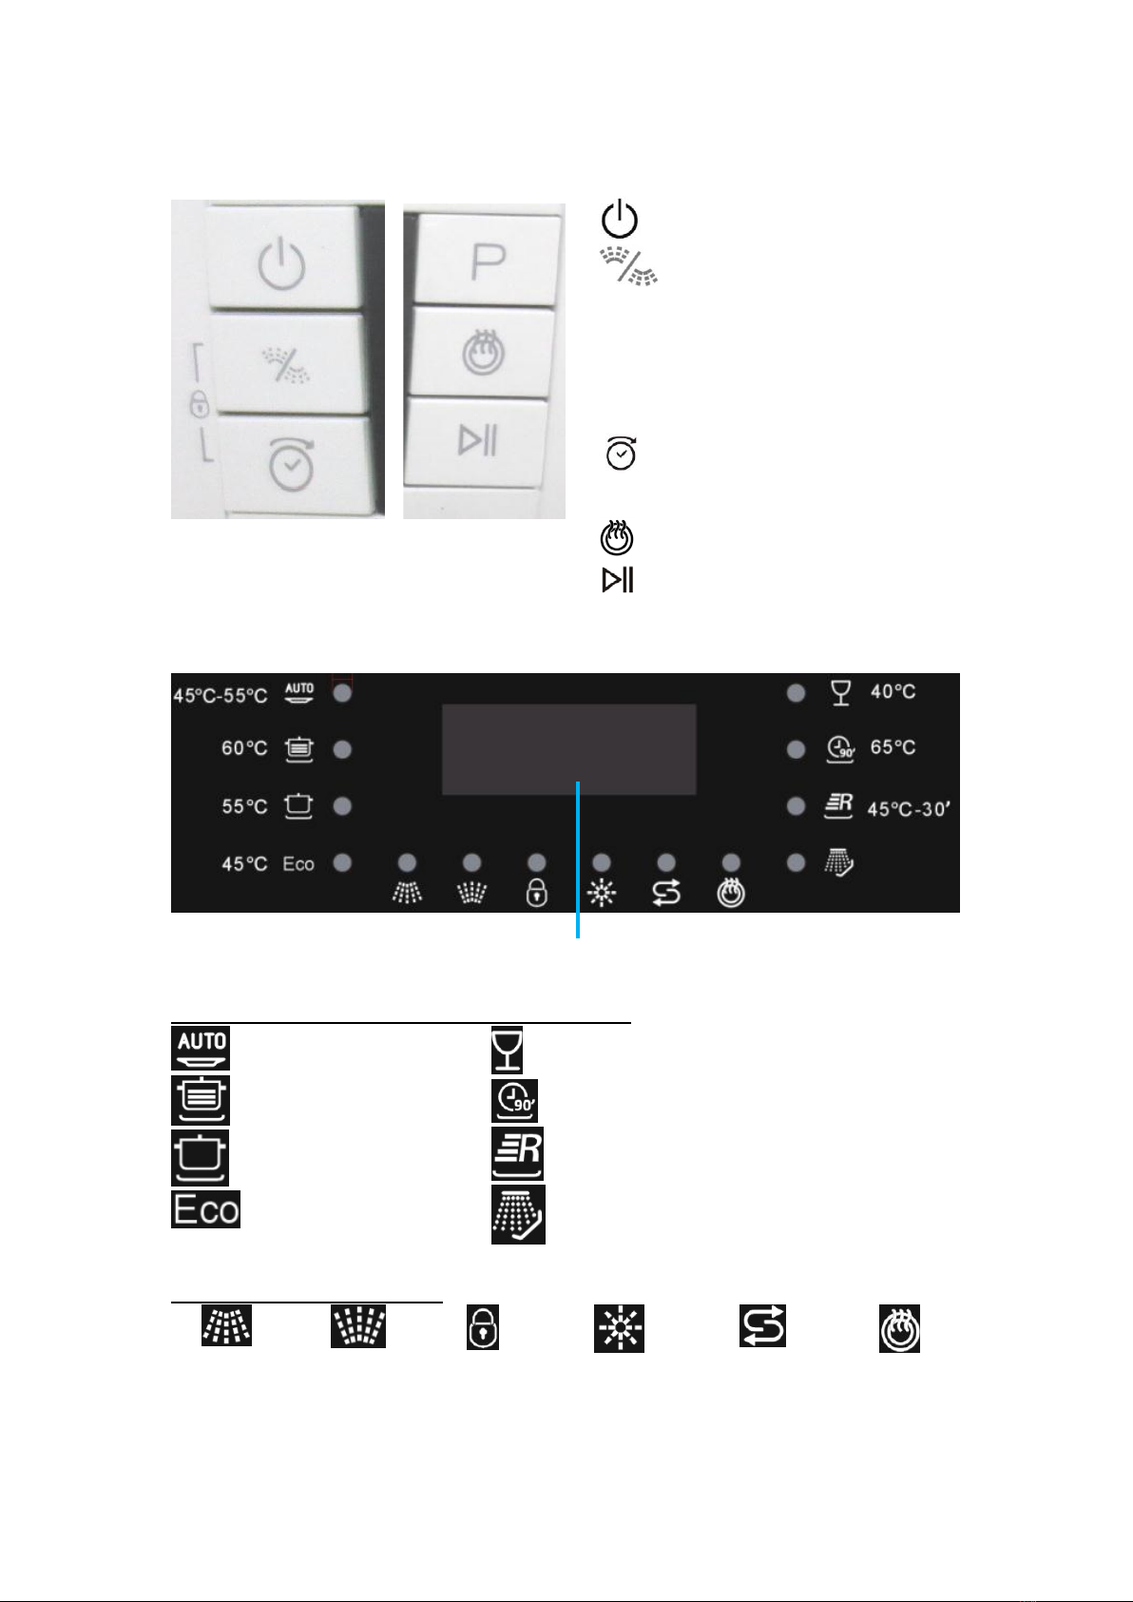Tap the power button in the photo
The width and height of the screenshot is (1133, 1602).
pyautogui.click(x=284, y=258)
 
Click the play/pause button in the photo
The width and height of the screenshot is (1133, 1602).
pyautogui.click(x=477, y=441)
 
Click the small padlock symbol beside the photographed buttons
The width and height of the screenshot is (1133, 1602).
pyautogui.click(x=199, y=403)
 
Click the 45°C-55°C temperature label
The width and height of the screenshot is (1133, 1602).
pyautogui.click(x=221, y=696)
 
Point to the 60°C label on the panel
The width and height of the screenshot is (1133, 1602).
pyautogui.click(x=244, y=748)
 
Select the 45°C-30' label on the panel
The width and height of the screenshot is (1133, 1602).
pyautogui.click(x=909, y=809)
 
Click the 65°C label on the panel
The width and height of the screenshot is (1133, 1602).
pyautogui.click(x=893, y=747)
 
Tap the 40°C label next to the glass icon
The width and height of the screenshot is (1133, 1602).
pyautogui.click(x=893, y=691)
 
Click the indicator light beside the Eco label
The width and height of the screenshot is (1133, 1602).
pyautogui.click(x=343, y=862)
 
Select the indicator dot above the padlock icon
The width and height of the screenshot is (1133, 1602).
pyautogui.click(x=537, y=861)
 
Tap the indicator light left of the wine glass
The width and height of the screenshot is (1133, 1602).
pyautogui.click(x=796, y=693)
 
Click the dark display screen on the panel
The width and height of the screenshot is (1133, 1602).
pyautogui.click(x=569, y=749)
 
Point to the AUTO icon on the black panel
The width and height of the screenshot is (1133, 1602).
pyautogui.click(x=298, y=692)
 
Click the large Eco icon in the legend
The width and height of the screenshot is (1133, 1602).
pyautogui.click(x=206, y=1208)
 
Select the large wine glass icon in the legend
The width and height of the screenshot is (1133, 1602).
pyautogui.click(x=507, y=1050)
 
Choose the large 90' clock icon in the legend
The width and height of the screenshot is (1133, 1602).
pyautogui.click(x=514, y=1101)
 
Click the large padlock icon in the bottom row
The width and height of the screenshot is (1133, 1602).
pyautogui.click(x=483, y=1327)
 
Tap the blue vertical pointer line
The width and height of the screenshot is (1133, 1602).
pyautogui.click(x=578, y=859)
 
